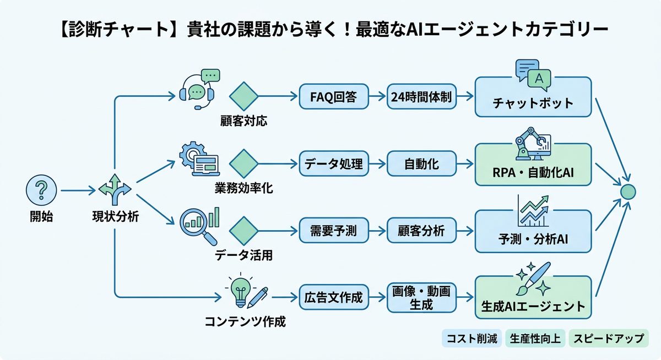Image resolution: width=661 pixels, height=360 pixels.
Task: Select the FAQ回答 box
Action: point(333,97)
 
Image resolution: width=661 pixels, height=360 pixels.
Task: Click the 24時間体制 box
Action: point(421,97)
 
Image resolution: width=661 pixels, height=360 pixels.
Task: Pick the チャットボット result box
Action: point(533,97)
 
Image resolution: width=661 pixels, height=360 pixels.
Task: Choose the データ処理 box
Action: point(333,163)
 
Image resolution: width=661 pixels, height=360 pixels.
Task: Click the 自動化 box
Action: point(421,163)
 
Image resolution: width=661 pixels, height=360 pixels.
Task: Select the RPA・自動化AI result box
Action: point(533,165)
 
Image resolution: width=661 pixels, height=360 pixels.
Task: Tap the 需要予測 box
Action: point(333,231)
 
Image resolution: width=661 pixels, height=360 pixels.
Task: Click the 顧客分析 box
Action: point(421,231)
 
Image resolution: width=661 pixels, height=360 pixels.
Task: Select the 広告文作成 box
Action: point(333,298)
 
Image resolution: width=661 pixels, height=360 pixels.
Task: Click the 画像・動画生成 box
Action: point(421,298)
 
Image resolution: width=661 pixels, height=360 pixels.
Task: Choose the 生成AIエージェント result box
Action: point(533,298)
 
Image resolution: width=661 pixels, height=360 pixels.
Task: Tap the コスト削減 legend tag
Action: point(472,339)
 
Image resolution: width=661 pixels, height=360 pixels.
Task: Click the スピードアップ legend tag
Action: point(608,339)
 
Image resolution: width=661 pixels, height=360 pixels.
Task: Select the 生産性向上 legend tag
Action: point(535,339)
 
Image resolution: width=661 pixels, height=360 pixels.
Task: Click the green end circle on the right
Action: point(627,192)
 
